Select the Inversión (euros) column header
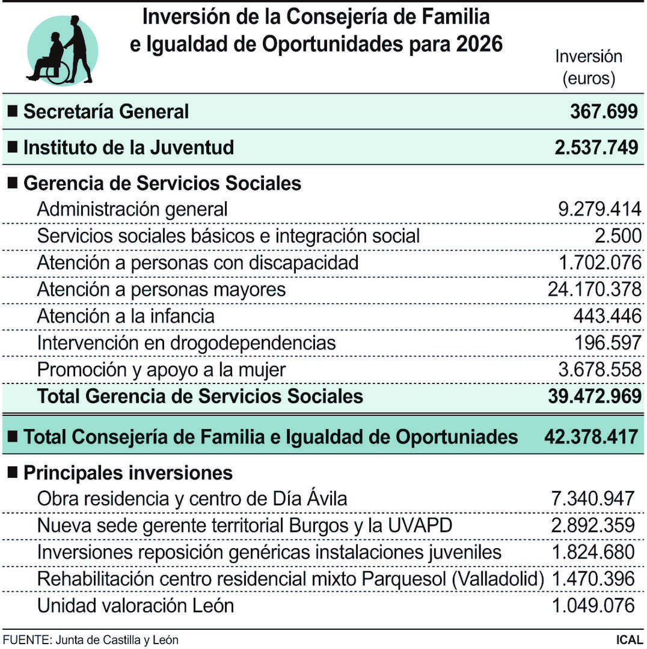[x=588, y=67]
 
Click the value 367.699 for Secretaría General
[x=603, y=111]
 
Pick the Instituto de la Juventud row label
[x=128, y=147]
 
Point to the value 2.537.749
[x=596, y=147]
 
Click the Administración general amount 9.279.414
[x=599, y=209]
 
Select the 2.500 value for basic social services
[x=618, y=236]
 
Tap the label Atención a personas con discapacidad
[x=197, y=263]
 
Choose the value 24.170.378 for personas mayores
[x=594, y=290]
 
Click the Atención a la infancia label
[x=126, y=316]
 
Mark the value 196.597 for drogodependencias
[x=607, y=343]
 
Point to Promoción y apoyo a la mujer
[x=161, y=370]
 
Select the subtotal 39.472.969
[x=593, y=397]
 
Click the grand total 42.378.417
[x=590, y=437]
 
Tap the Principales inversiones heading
[x=127, y=473]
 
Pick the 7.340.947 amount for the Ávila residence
[x=593, y=498]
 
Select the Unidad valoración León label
[x=135, y=605]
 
